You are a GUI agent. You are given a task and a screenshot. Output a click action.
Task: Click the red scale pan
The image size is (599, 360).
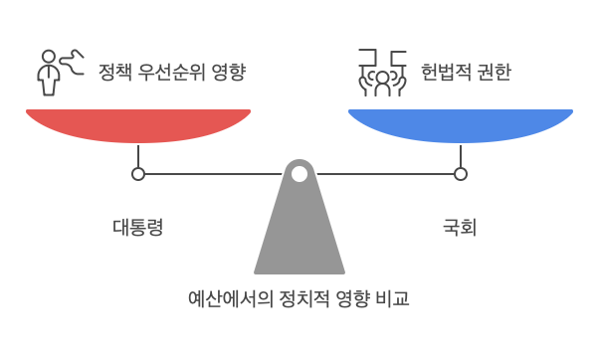click(x=138, y=124)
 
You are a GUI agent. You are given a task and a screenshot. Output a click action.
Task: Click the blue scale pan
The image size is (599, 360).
click(x=460, y=124)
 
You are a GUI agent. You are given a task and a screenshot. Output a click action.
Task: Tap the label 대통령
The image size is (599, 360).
click(x=137, y=227)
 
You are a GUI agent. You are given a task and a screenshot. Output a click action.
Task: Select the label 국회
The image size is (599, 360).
click(x=460, y=227)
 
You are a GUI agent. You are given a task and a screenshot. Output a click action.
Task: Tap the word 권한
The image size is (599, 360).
click(x=493, y=73)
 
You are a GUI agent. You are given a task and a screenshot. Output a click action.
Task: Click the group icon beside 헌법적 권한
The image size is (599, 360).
click(x=381, y=72)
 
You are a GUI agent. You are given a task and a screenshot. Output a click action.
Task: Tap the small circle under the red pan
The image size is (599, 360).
click(x=138, y=174)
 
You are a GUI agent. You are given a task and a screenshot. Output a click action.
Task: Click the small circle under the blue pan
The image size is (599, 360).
click(x=460, y=174)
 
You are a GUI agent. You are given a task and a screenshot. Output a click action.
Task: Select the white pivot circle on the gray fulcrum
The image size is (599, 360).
click(x=299, y=174)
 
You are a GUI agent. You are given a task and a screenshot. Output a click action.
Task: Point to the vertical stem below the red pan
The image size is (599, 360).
click(x=138, y=155)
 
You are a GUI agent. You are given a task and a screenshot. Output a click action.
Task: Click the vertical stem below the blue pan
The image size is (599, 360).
click(x=460, y=155)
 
